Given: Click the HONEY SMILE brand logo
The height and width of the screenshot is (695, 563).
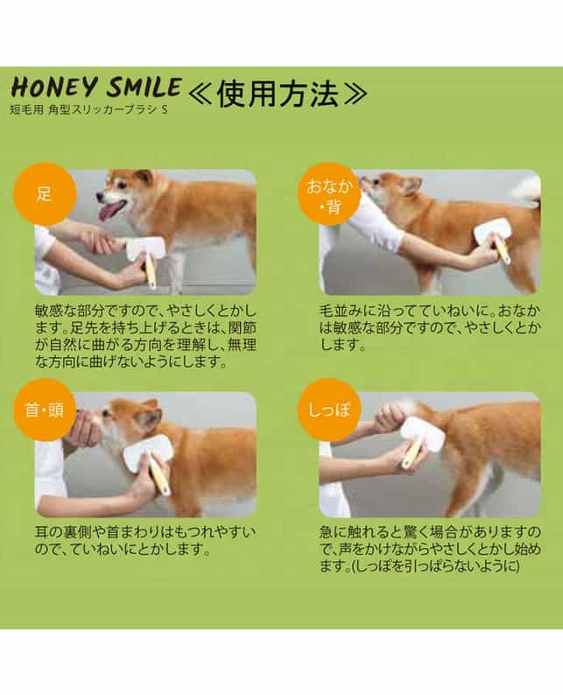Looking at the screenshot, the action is coord(96,87).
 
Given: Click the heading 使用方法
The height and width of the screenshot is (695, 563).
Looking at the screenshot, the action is coord(278,94).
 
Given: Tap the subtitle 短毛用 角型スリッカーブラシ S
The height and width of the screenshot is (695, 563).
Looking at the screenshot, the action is coord(88,109).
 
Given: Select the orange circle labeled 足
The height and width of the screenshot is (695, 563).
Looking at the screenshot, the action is coord(45,194).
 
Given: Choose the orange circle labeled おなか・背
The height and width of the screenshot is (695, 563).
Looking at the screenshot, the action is coord(328,194).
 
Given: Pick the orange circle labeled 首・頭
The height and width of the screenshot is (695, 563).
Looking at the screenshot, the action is coord(45,410).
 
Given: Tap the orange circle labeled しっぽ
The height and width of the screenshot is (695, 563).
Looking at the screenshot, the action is coord(328,410).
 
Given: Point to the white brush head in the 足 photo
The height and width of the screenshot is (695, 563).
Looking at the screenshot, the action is coord(145,249).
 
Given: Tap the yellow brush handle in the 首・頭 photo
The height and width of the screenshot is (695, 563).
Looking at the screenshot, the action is coord(159,477).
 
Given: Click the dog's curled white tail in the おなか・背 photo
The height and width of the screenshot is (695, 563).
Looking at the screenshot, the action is coord(526,192).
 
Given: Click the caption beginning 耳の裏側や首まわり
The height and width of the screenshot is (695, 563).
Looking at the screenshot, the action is coord(145,541).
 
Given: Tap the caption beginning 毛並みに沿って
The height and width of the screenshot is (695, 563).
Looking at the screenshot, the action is coord(430,328).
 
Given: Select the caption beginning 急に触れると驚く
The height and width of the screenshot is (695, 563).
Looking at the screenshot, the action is coord(430,550).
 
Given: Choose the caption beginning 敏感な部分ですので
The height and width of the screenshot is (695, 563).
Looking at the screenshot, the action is coord(145,336).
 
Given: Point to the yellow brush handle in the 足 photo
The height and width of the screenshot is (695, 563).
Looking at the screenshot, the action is coord(150,271).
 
